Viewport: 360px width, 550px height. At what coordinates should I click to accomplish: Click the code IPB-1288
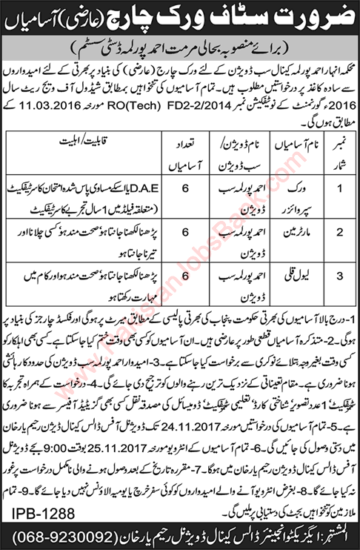click(x=36, y=511)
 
